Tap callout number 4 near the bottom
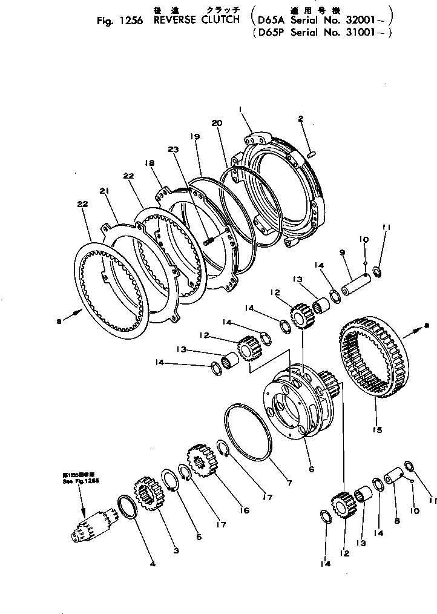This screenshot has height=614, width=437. (x=153, y=564)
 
